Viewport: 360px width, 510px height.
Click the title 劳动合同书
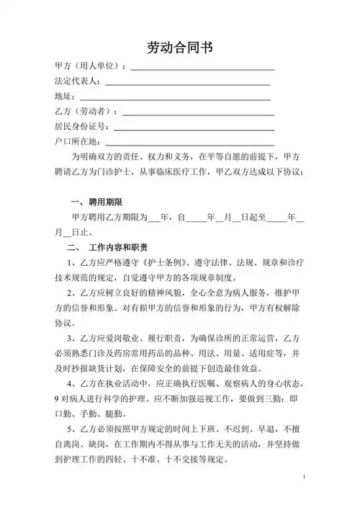pos(179,48)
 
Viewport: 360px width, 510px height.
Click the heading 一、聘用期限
pos(96,201)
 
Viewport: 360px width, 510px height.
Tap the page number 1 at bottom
pos(305,478)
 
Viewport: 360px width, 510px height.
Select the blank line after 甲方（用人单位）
pos(202,68)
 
